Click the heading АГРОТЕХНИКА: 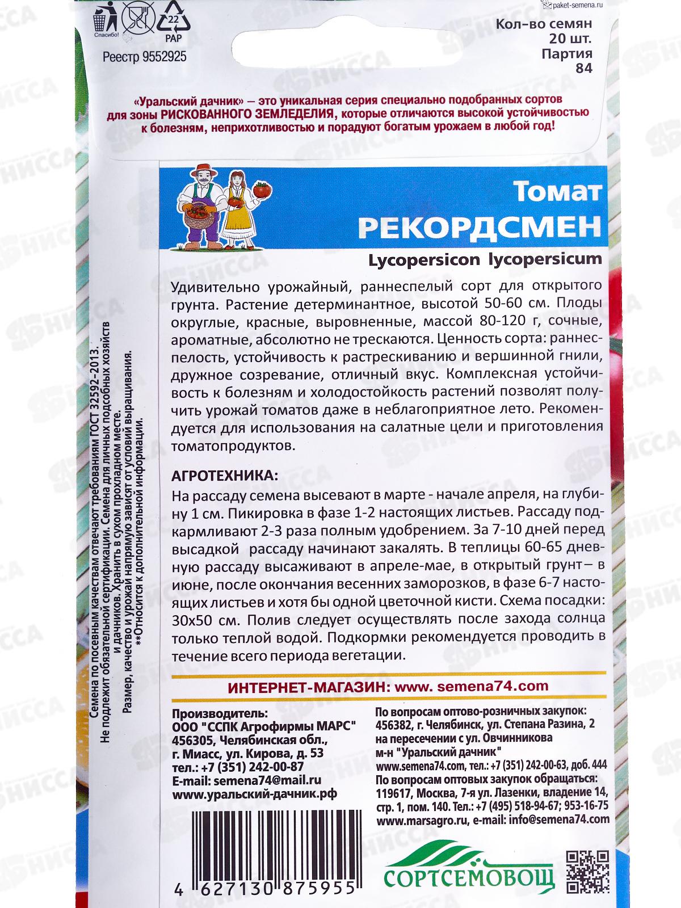pyautogui.click(x=225, y=476)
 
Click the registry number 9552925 pyautogui.click(x=145, y=57)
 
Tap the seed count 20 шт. pyautogui.click(x=570, y=39)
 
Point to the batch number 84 pyautogui.click(x=584, y=68)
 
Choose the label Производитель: pyautogui.click(x=218, y=713)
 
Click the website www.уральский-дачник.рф pyautogui.click(x=254, y=794)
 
